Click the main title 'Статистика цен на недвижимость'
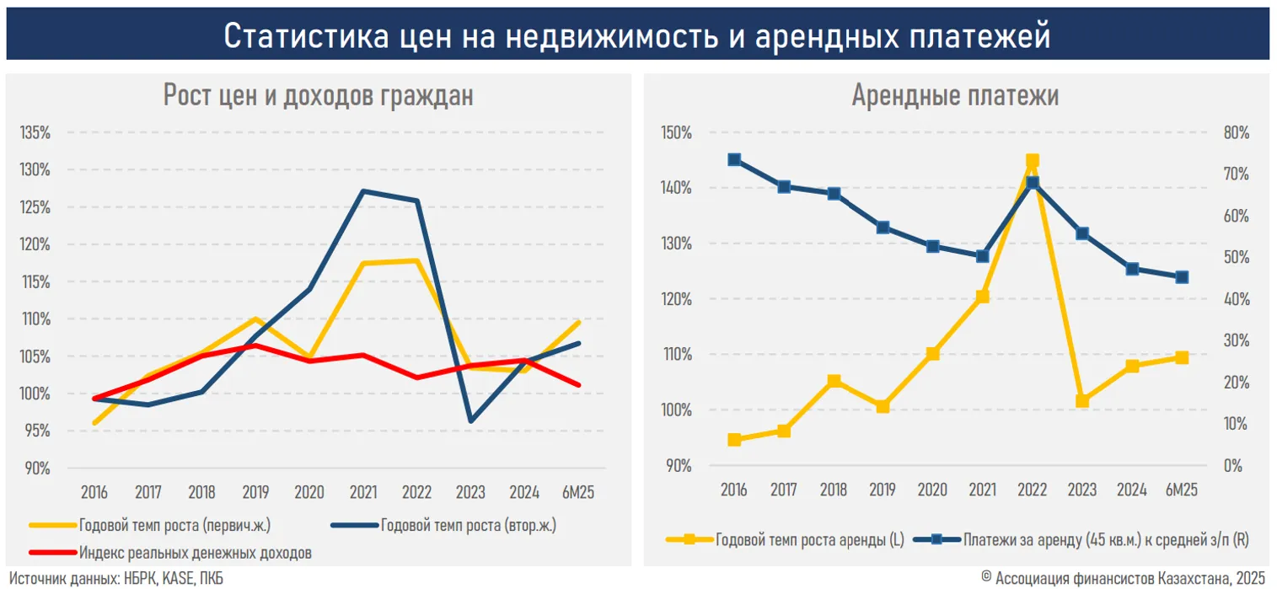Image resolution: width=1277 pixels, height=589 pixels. tap(637, 35)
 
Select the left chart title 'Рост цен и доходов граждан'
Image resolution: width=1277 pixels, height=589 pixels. tap(318, 95)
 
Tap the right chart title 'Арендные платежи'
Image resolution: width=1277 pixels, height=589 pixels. tap(955, 95)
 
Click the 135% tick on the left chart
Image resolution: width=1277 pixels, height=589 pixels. tap(36, 132)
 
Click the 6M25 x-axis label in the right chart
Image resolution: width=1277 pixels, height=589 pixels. tap(1181, 490)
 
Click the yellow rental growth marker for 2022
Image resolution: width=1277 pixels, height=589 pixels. tap(1033, 161)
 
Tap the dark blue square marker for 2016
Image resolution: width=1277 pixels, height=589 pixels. tap(734, 160)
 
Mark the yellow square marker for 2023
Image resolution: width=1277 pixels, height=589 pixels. tap(1082, 401)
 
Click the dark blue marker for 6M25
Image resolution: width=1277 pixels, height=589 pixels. tap(1182, 277)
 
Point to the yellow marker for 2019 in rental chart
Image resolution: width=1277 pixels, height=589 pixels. tap(883, 407)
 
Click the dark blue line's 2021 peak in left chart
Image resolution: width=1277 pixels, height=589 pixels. tap(362, 191)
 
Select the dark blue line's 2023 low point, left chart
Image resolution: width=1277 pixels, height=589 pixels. tap(469, 420)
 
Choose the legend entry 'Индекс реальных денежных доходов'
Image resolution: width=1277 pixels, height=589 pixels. tap(196, 553)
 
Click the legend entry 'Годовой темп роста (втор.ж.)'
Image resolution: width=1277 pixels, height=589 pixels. tap(468, 526)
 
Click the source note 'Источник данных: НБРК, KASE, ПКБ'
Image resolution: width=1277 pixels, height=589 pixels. tap(116, 579)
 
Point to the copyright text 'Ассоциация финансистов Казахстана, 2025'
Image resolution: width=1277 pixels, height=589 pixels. tap(1129, 578)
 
